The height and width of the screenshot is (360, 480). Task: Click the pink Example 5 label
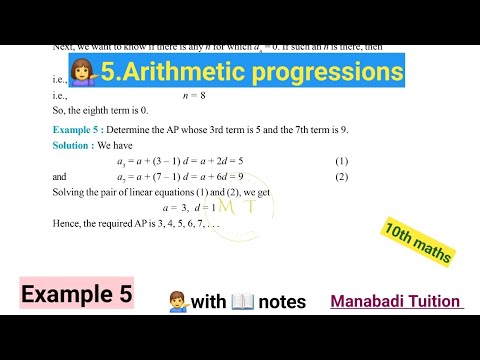[75, 296]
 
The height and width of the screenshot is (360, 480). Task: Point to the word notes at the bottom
[282, 300]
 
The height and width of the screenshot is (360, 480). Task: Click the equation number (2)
[342, 177]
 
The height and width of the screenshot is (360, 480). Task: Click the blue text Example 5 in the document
[78, 131]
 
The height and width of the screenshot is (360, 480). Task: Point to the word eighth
[95, 111]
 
